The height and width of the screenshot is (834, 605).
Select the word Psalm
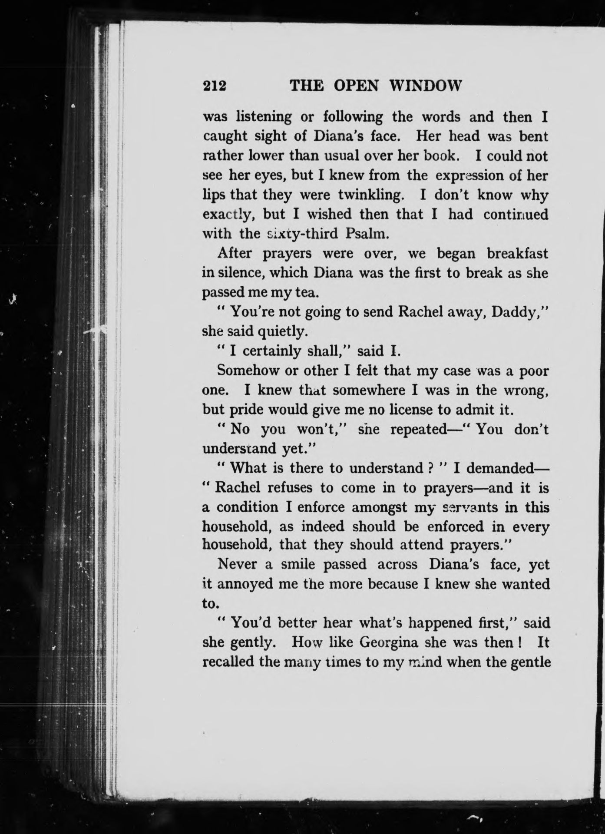[x=365, y=234]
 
